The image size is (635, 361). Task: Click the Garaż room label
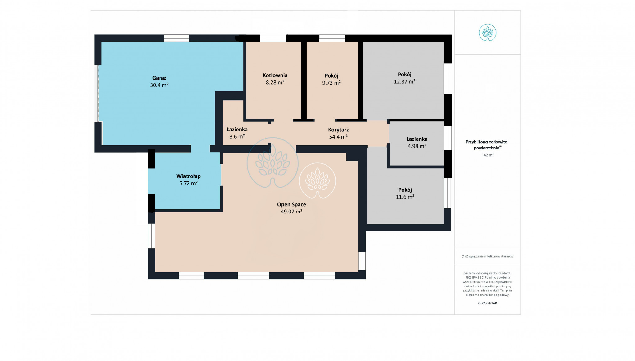159,78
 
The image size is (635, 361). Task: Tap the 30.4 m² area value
159,85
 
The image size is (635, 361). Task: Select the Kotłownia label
275,75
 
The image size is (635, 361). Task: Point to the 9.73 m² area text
331,83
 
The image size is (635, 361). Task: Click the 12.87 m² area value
405,81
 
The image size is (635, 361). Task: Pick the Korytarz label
338,130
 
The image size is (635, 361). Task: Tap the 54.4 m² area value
338,137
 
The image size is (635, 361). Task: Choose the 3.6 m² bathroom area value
237,136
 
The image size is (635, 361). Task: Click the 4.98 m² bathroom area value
417,146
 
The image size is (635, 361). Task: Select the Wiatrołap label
188,176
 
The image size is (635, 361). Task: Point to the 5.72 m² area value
188,183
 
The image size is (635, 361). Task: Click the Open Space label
291,204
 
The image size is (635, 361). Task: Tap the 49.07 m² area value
291,212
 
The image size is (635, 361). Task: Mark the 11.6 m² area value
405,197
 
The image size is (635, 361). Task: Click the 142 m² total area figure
488,155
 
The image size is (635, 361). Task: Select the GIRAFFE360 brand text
488,303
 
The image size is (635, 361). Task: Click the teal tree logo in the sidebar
488,33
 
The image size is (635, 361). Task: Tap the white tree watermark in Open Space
317,180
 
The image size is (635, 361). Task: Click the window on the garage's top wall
176,38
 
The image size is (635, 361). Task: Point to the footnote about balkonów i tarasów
488,256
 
